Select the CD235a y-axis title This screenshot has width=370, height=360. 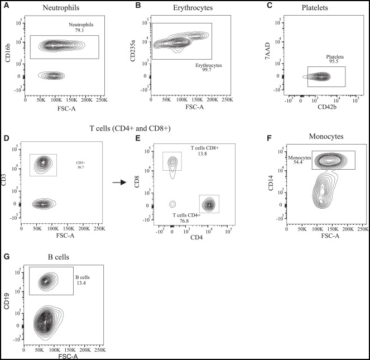[132, 47]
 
